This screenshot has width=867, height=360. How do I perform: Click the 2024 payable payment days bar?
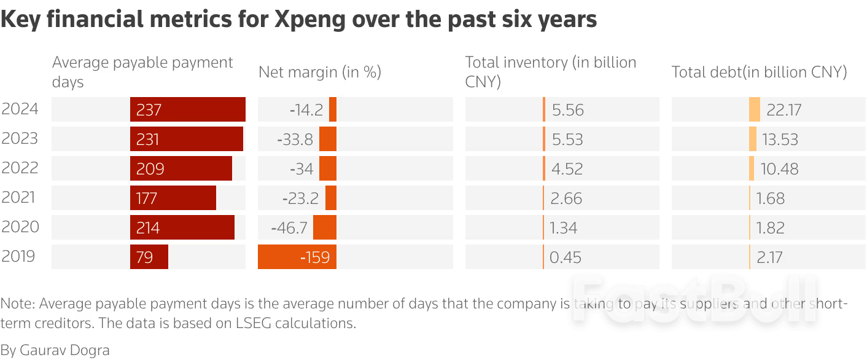coord(187,109)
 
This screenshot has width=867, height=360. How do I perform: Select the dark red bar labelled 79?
coord(149,257)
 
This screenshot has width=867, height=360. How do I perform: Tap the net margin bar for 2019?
coord(297,257)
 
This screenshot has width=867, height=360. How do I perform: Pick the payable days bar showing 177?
coord(173,198)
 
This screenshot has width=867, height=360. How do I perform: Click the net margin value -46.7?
coord(289,227)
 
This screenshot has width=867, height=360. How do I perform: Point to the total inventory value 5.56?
coord(567,109)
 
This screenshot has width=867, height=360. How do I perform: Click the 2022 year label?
coord(20,168)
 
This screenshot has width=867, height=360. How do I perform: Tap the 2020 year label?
coord(20,227)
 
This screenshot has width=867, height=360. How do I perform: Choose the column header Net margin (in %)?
coord(320,72)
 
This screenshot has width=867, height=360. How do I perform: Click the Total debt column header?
coord(759,72)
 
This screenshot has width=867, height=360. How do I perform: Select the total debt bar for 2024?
coord(754,109)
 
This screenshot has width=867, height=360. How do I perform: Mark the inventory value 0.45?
coord(565,257)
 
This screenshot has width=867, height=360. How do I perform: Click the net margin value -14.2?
coord(306,109)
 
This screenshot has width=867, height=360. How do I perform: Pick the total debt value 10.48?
coord(779,168)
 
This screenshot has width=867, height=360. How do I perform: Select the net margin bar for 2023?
coord(328,139)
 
